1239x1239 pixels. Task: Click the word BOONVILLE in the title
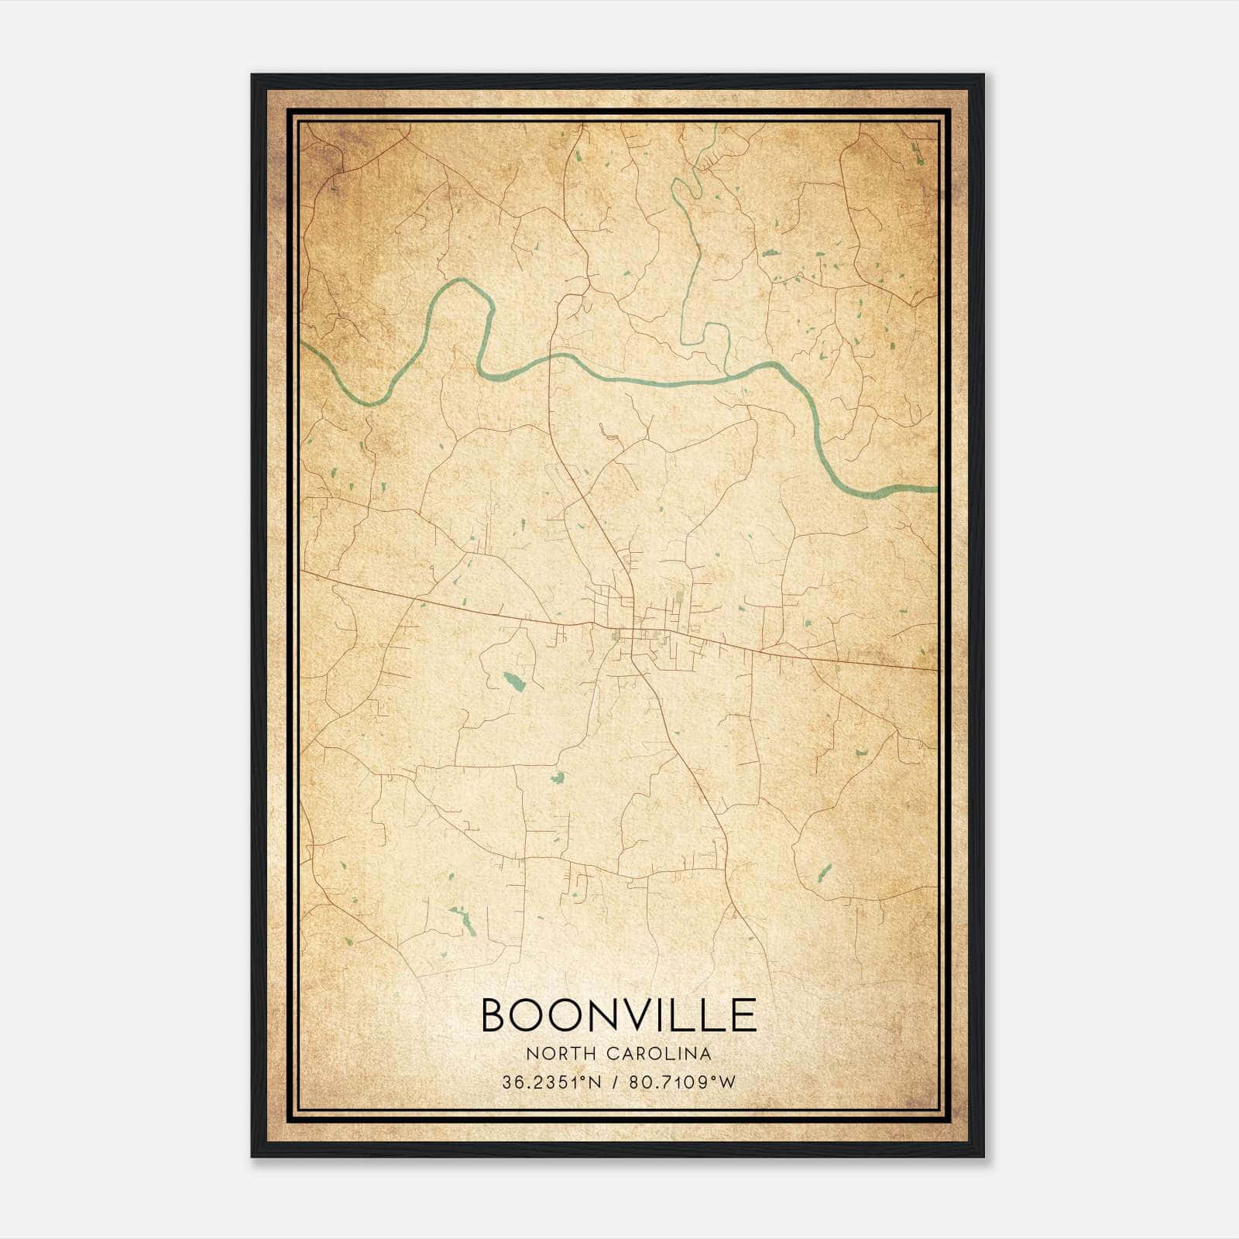click(619, 1014)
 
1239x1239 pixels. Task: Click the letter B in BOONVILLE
click(496, 1014)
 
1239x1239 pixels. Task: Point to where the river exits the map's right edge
click(935, 489)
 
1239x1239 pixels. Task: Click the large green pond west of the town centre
click(513, 681)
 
